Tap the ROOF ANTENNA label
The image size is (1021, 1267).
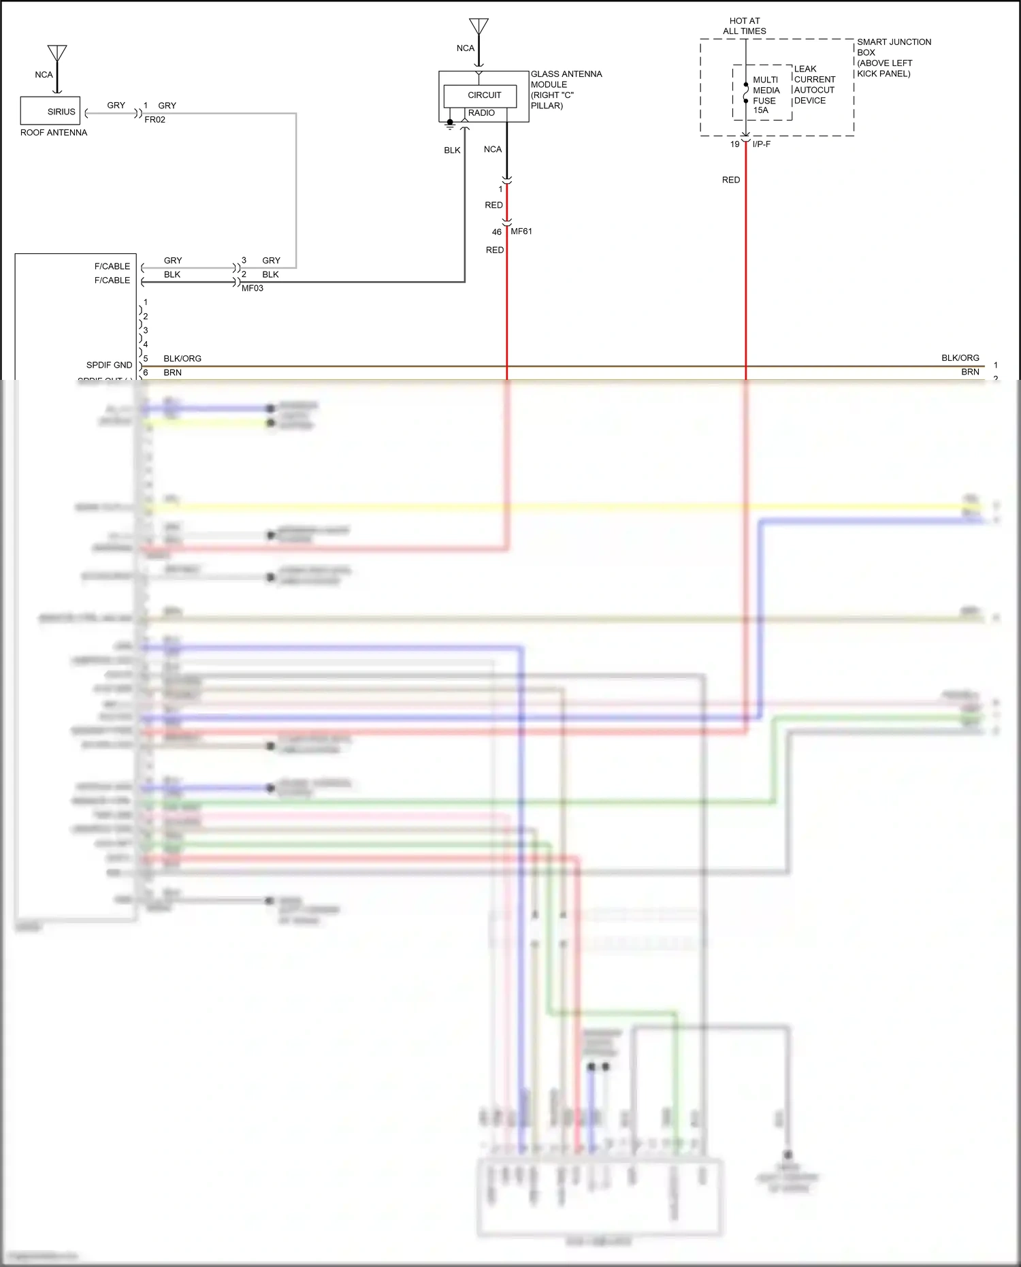coord(54,133)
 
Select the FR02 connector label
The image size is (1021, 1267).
coord(155,120)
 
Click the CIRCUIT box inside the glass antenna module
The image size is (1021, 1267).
coord(484,95)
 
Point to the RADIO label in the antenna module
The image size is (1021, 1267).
coord(481,113)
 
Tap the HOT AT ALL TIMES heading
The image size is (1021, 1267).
coord(744,26)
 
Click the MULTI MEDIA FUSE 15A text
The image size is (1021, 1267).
coord(766,95)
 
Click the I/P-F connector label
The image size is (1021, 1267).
coord(762,144)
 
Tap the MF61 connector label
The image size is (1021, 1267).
coord(521,231)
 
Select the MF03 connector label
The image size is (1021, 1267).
coord(253,288)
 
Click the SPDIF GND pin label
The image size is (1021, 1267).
coord(109,365)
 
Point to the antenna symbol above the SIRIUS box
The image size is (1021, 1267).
coord(57,54)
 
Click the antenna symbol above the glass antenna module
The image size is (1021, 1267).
coord(479,28)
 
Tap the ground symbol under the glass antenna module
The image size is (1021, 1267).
coord(450,125)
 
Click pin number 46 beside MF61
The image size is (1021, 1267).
coord(497,232)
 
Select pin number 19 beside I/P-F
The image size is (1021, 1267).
coord(734,144)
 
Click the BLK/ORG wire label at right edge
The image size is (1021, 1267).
coord(960,358)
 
